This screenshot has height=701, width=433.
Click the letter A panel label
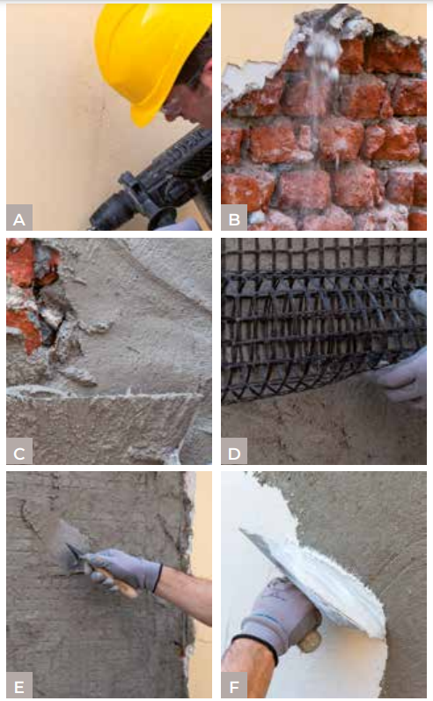point(19,218)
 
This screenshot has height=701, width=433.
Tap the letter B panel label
point(234,218)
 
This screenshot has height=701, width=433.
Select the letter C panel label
point(19,452)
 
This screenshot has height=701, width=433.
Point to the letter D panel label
point(234,452)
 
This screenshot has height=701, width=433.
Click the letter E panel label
point(19,685)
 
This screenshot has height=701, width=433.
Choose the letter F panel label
point(234,685)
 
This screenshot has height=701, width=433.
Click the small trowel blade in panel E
point(66,546)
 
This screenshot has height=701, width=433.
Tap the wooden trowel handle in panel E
point(116,582)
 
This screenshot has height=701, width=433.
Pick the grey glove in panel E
point(121,570)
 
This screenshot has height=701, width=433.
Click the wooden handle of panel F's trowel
point(310,642)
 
